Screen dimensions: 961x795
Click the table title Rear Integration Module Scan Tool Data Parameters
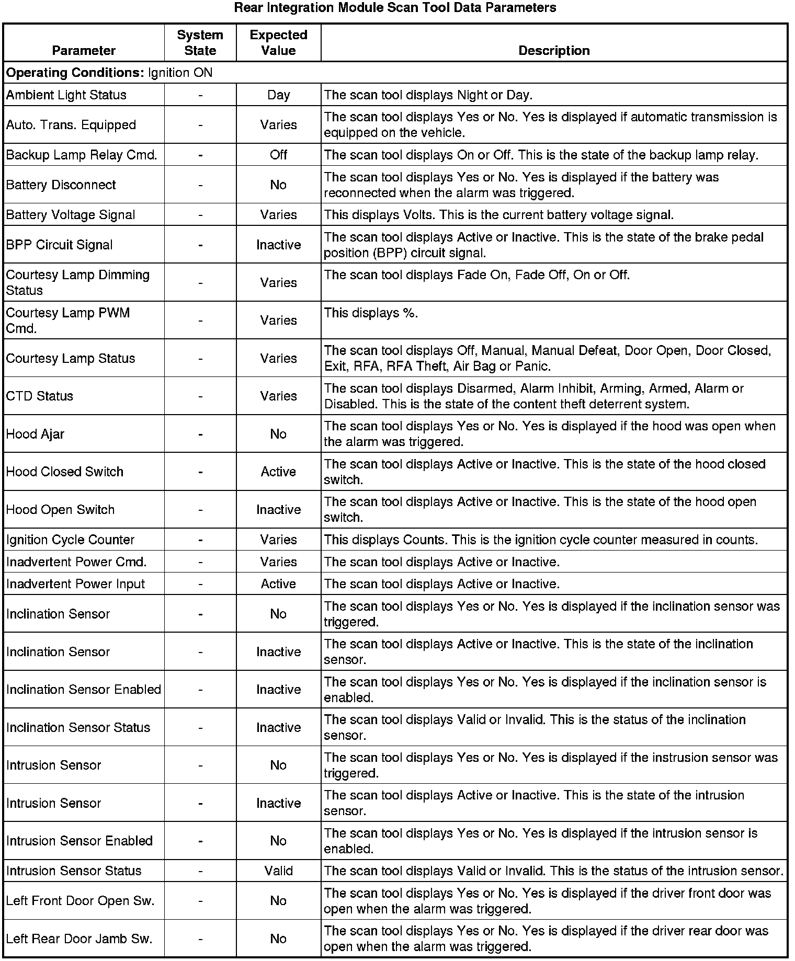pos(395,8)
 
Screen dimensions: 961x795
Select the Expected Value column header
pos(278,43)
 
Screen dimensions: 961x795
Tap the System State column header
pos(200,43)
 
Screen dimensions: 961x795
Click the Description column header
pos(554,51)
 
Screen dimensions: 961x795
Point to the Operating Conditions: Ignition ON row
pos(109,73)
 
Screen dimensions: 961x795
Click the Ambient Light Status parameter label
pos(66,95)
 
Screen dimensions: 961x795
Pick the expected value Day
pos(278,95)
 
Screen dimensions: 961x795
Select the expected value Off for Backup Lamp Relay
pos(278,155)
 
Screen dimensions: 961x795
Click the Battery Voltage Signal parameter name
pos(71,215)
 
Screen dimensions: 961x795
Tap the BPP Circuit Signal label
pos(60,245)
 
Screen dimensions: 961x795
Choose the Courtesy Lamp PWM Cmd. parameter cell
pos(68,320)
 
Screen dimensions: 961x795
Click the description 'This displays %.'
pos(371,313)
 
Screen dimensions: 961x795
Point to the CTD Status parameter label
pos(40,396)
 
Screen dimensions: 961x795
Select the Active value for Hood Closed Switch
pos(278,472)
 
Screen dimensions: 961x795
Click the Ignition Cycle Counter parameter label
pos(71,540)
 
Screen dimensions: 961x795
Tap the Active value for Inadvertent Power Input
pos(278,584)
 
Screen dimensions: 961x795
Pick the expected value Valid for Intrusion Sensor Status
pos(278,871)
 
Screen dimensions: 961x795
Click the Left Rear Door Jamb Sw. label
pos(79,939)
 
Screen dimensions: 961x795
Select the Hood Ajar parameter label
pos(36,434)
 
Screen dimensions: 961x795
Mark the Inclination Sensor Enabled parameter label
pos(84,690)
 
